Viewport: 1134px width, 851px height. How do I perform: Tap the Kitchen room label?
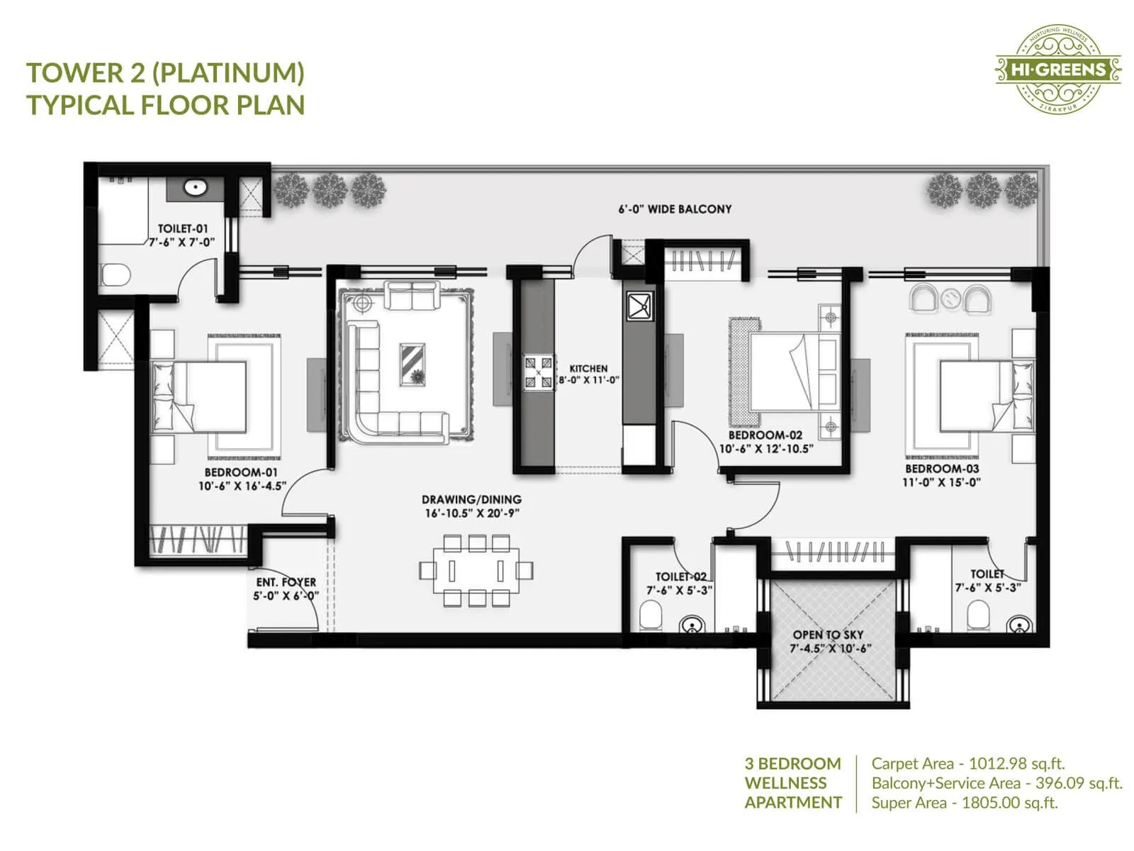[x=588, y=369]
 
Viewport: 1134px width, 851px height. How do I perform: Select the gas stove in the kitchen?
[x=538, y=372]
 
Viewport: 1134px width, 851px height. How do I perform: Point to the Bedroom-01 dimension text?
[x=242, y=486]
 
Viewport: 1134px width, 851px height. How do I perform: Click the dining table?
[x=476, y=571]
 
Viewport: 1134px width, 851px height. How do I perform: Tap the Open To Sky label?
[x=827, y=635]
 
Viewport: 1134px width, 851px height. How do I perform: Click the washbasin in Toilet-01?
[x=195, y=188]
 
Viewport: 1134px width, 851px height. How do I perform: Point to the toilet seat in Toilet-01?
[x=115, y=274]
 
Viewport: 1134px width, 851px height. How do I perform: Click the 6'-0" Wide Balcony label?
[x=675, y=209]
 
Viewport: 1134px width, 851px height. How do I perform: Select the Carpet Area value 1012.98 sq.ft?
[x=1016, y=764]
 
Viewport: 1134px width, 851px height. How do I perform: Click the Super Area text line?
[x=964, y=803]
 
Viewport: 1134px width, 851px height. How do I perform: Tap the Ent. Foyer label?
[x=286, y=582]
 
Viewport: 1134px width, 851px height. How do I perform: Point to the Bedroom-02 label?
[x=765, y=435]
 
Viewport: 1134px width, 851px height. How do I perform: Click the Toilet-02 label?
[x=680, y=577]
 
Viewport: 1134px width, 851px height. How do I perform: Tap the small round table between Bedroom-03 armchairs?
[x=950, y=299]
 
